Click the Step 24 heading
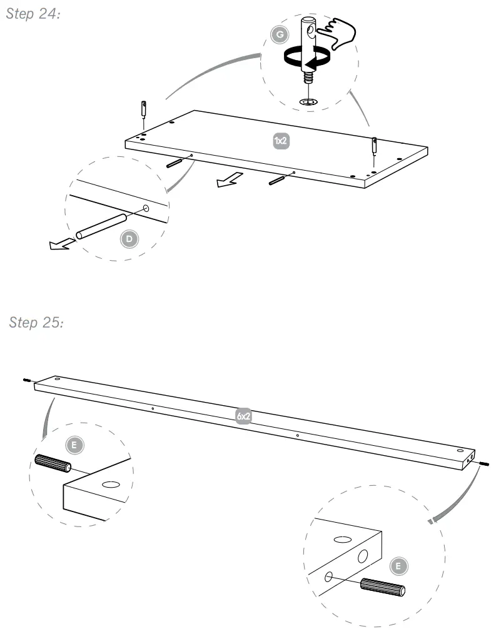33,15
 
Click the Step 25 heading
37,322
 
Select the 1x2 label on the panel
281,141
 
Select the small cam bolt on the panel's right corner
374,144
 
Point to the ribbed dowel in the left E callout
53,463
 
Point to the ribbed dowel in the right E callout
383,587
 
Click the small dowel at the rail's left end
28,380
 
